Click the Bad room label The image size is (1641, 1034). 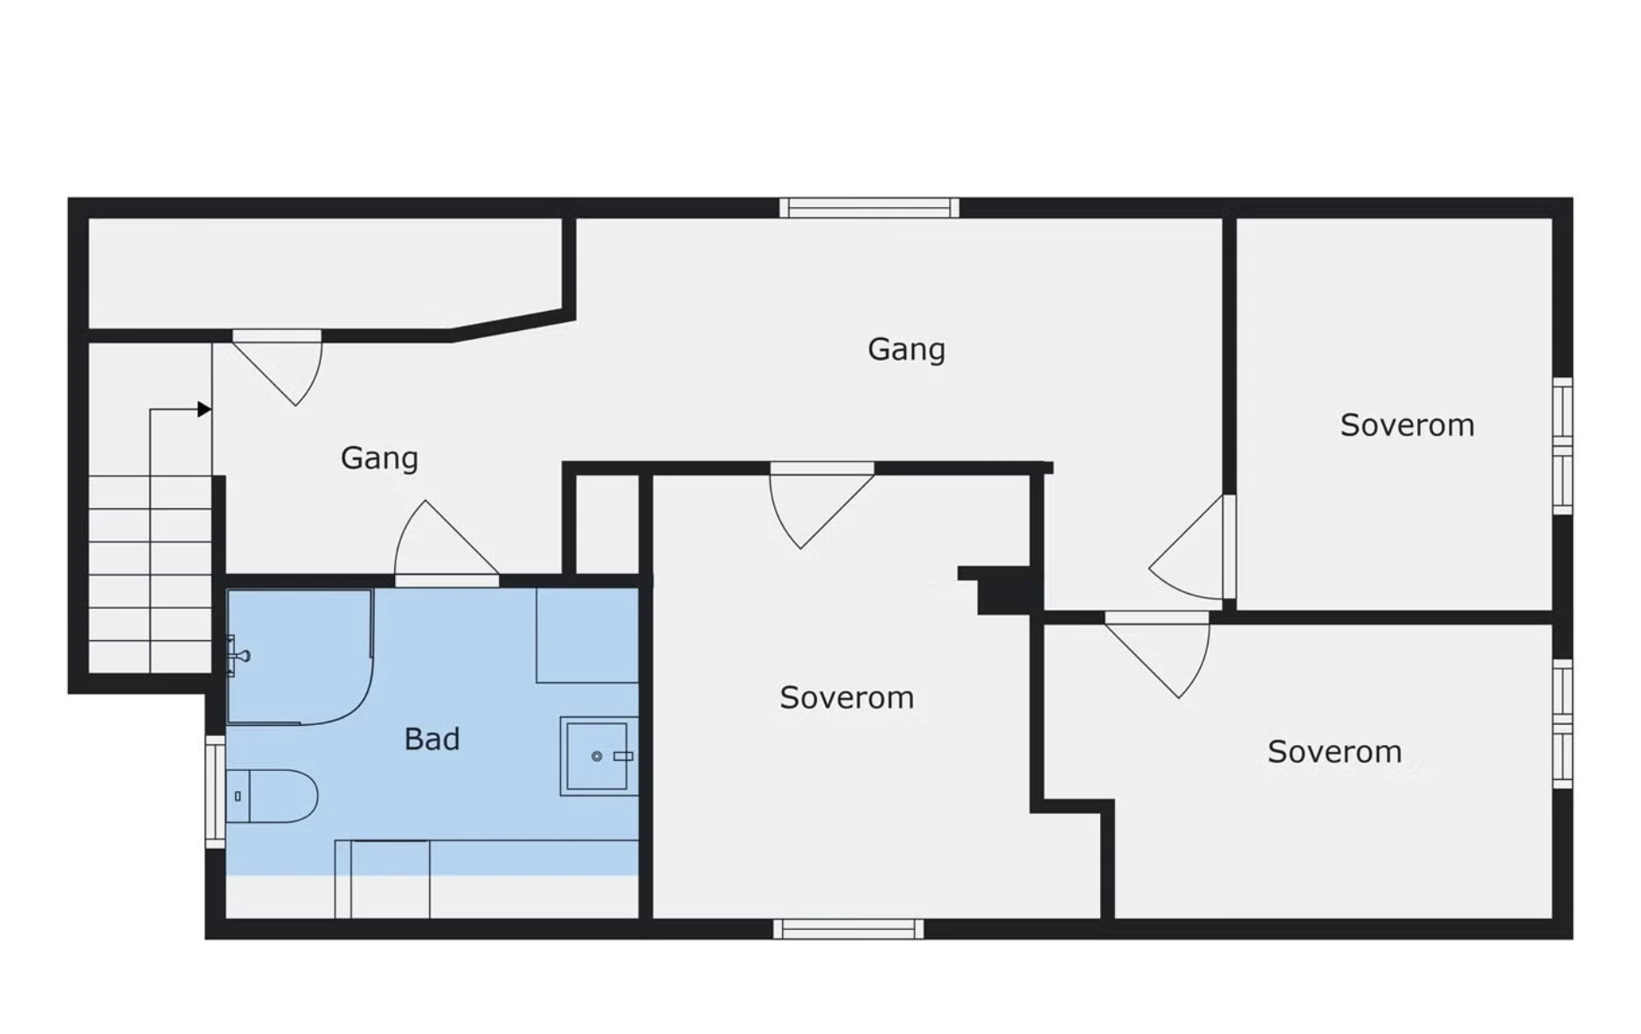pos(432,740)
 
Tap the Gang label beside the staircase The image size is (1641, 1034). pos(379,458)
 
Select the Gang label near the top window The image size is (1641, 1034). pos(906,350)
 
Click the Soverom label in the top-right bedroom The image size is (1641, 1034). pos(1407,425)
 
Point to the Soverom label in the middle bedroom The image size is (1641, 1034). pos(847,698)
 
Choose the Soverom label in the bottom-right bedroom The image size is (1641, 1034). pos(1334,752)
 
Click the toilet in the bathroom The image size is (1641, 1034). pos(272,796)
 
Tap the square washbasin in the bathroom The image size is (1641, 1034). pos(599,756)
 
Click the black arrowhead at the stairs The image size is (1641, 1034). pos(204,409)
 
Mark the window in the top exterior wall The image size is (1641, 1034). pos(869,208)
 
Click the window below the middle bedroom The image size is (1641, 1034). pos(848,929)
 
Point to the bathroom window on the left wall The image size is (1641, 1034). pos(215,792)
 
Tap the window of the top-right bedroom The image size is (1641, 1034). pos(1562,446)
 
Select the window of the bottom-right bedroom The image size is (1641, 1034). pos(1562,724)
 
